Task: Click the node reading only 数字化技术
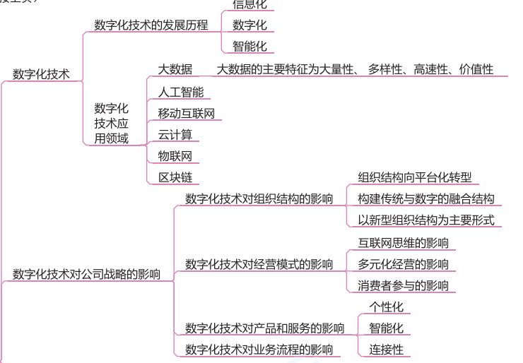point(41,74)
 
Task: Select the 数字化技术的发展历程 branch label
point(151,25)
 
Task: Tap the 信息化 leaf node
point(249,4)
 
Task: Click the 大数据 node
point(175,69)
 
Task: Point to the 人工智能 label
point(180,91)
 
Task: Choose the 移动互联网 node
point(186,113)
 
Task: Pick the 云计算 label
point(175,135)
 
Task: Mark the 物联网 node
point(175,156)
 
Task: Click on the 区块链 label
point(175,178)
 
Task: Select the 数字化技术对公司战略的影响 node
point(86,274)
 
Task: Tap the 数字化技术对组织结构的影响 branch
point(259,199)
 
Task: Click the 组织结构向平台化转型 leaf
point(415,177)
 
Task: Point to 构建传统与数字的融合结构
point(425,199)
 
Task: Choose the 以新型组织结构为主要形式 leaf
point(425,220)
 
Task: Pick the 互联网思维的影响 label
point(403,243)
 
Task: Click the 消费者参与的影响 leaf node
point(403,286)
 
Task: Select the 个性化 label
point(387,307)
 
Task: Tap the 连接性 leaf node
point(387,350)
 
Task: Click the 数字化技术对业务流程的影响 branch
point(259,350)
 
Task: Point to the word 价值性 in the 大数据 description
point(476,69)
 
